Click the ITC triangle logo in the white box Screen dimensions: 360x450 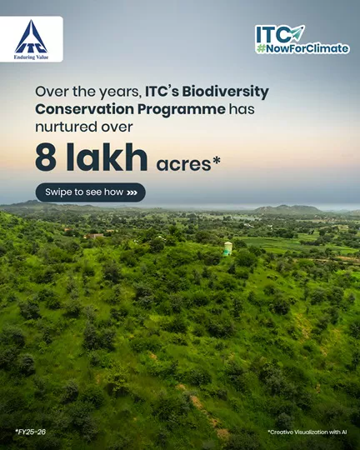(x=31, y=37)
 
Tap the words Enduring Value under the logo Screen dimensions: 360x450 (x=31, y=57)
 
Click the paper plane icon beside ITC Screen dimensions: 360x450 (x=297, y=33)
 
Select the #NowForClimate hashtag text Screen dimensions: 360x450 (x=302, y=48)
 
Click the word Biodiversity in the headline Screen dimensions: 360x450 (x=225, y=92)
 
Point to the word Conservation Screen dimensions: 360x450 (x=85, y=109)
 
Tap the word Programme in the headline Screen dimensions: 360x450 (x=181, y=110)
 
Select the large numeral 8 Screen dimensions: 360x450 (x=46, y=157)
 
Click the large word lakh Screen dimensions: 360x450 (x=107, y=157)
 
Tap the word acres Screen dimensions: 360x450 (x=183, y=164)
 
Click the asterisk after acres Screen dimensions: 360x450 (x=217, y=159)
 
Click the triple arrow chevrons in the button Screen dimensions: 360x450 (x=132, y=192)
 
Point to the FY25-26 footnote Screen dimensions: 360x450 (x=31, y=432)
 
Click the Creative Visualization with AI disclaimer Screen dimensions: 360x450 (x=307, y=432)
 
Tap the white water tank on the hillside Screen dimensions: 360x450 (x=227, y=248)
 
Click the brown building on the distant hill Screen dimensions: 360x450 (x=94, y=236)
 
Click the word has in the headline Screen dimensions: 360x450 (x=242, y=109)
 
